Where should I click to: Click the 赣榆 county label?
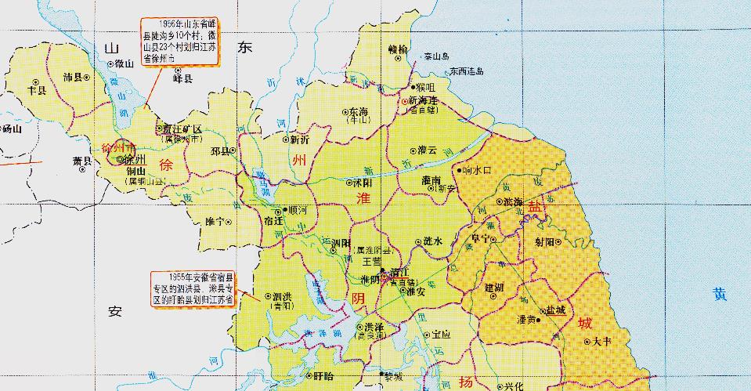click(x=398, y=49)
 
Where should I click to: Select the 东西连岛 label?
click(x=467, y=71)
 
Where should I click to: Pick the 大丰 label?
click(x=601, y=341)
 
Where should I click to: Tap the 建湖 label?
click(x=495, y=288)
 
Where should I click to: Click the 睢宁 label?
click(x=214, y=222)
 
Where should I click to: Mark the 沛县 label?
click(x=73, y=77)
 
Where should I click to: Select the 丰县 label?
click(x=37, y=89)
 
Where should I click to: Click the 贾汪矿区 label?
click(x=182, y=129)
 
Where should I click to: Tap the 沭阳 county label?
click(x=361, y=182)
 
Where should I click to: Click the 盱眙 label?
click(x=323, y=376)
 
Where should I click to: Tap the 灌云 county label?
click(x=428, y=150)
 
